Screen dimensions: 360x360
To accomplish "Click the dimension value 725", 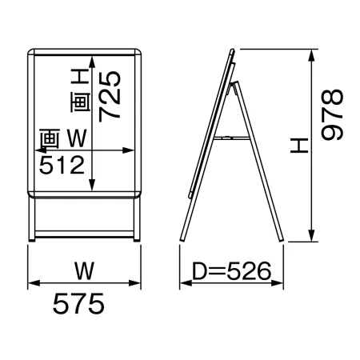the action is click(x=110, y=96).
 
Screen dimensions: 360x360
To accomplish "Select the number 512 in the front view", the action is click(x=62, y=165).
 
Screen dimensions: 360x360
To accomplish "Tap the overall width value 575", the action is click(x=78, y=303).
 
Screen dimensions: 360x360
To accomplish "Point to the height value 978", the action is click(x=332, y=114).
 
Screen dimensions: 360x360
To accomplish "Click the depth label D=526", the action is click(x=232, y=271).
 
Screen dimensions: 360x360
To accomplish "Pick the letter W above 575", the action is click(x=84, y=271).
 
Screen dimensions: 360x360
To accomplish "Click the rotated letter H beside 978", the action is click(x=299, y=146).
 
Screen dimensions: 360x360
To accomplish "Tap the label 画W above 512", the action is click(x=63, y=138).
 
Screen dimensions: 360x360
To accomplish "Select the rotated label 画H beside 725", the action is click(x=80, y=90).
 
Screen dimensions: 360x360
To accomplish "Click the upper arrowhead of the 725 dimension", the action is click(x=92, y=62).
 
